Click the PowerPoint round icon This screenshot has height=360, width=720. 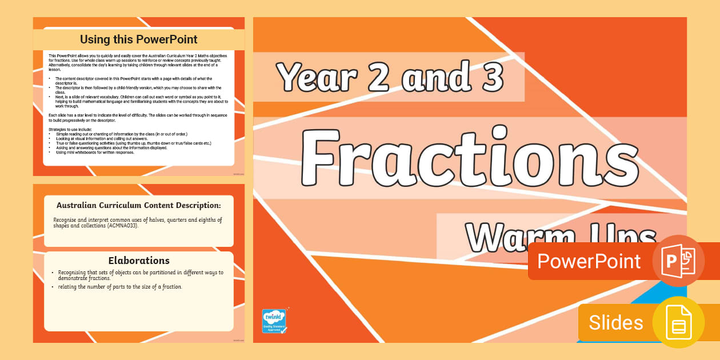(678, 261)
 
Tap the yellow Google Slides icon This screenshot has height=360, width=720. (678, 322)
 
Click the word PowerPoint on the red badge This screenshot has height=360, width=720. (589, 261)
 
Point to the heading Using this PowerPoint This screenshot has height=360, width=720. (139, 39)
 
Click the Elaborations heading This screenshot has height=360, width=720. (139, 261)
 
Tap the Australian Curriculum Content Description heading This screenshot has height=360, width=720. (139, 205)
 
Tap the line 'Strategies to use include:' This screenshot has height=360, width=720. (74, 130)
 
